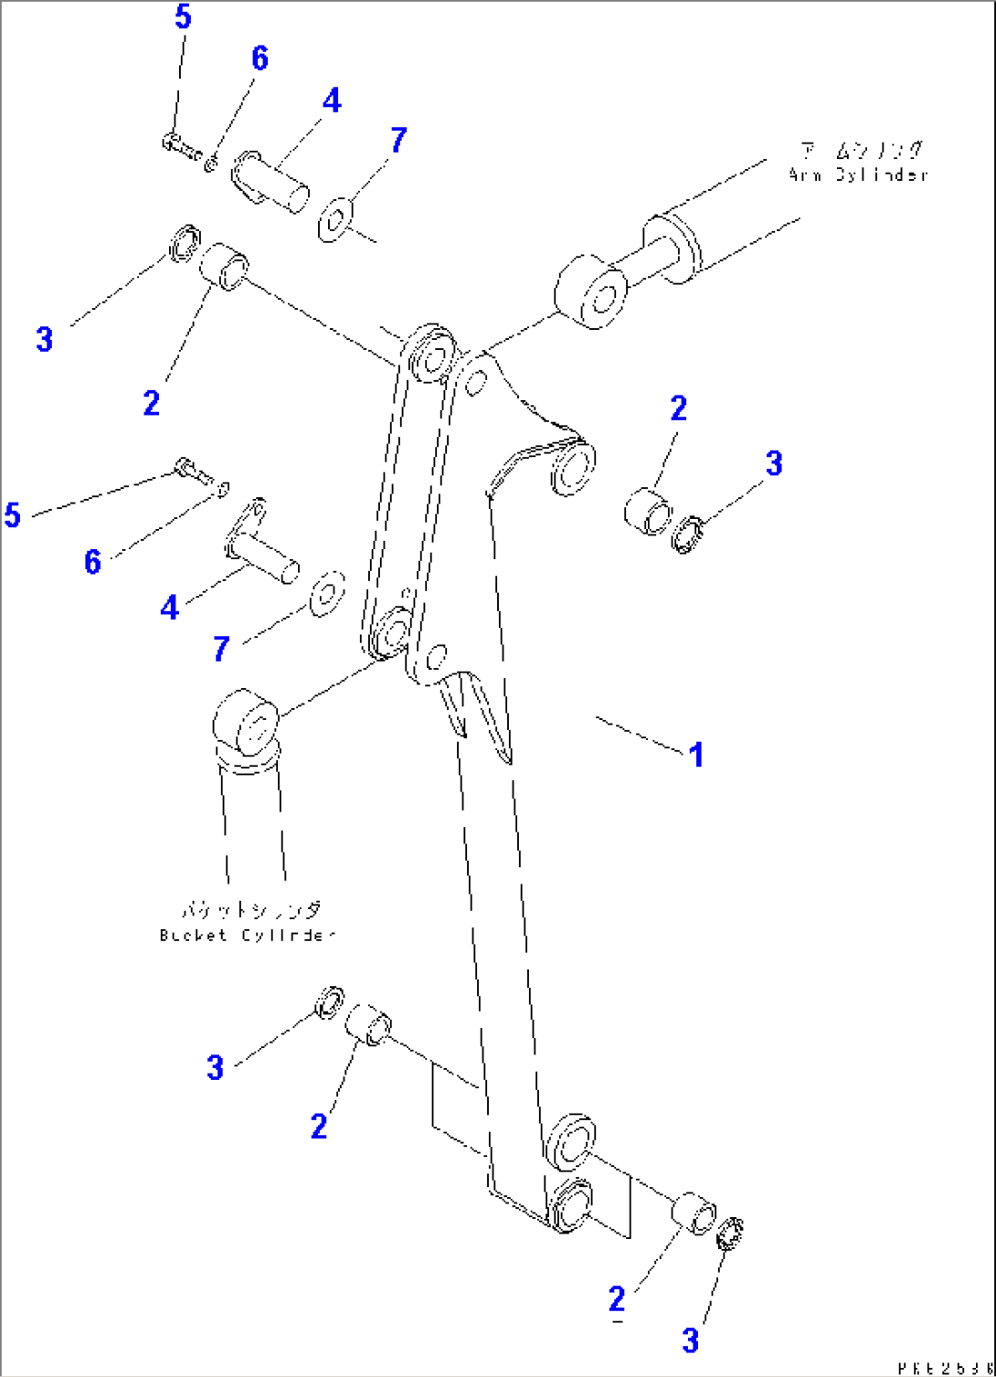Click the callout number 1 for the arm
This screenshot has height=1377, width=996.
pyautogui.click(x=696, y=755)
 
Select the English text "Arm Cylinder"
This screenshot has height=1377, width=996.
pyautogui.click(x=858, y=175)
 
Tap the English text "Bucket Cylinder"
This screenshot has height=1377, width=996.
pyautogui.click(x=247, y=936)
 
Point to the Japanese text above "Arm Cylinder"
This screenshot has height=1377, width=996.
pyautogui.click(x=860, y=150)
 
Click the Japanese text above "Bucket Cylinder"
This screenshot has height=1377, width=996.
pyautogui.click(x=249, y=910)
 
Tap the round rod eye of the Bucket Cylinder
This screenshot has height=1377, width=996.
pyautogui.click(x=245, y=723)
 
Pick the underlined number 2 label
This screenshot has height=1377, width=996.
pyautogui.click(x=618, y=1298)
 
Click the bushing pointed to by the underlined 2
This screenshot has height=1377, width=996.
pyautogui.click(x=694, y=1213)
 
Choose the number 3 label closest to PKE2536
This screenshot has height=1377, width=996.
pyautogui.click(x=691, y=1340)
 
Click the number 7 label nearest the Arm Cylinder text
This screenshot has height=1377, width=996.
pyautogui.click(x=397, y=140)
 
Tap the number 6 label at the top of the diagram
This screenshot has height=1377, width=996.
pyautogui.click(x=260, y=58)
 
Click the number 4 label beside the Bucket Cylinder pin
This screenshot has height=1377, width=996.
pyautogui.click(x=170, y=608)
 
